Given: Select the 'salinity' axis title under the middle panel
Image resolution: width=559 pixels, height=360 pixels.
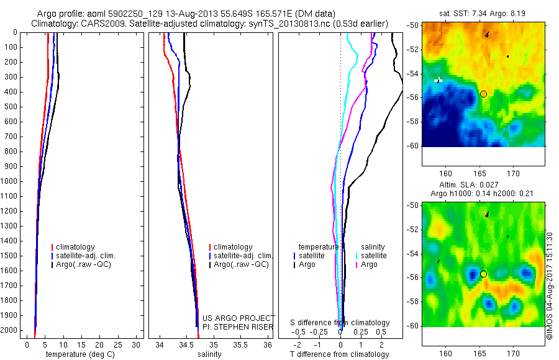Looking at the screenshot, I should click(209, 354).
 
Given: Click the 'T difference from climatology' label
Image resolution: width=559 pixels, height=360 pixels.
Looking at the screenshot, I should click(340, 354).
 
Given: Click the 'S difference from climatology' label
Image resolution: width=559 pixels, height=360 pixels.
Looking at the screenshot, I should click(340, 323).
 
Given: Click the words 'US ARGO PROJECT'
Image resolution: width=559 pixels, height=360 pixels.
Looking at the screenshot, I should click(239, 317).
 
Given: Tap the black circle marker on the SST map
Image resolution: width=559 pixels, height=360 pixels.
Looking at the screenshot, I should click(483, 94).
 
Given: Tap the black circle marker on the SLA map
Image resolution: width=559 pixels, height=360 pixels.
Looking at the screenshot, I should click(483, 274).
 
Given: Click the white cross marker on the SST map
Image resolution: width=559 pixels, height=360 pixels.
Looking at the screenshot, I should click(439, 79).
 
